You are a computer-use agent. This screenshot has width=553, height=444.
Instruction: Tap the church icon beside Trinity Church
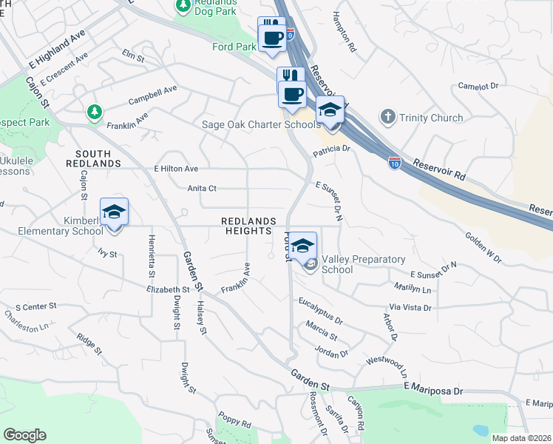click(x=387, y=117)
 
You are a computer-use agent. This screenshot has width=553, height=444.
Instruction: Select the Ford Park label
click(x=234, y=47)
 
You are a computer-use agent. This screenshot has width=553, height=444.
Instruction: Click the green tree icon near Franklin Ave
click(x=94, y=112)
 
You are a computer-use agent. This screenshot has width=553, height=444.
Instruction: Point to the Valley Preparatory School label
click(x=363, y=264)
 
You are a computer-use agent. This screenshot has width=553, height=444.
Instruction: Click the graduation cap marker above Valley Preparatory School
click(x=302, y=246)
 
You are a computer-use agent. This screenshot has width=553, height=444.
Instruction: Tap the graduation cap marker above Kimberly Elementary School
click(x=114, y=212)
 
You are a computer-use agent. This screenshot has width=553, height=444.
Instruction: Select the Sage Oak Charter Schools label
click(x=261, y=124)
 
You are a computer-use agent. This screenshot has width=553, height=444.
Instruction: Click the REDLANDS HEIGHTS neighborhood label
click(x=249, y=226)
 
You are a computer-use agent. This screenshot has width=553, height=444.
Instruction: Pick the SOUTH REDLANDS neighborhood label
click(x=93, y=158)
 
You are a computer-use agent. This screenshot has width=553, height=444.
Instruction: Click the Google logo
click(x=24, y=435)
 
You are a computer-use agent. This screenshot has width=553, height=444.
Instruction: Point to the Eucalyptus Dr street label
click(x=321, y=311)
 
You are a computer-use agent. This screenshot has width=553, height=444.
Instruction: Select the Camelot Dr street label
click(x=478, y=87)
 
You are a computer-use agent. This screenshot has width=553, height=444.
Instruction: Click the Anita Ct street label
click(x=201, y=189)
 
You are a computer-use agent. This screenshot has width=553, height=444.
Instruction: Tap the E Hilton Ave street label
click(x=176, y=169)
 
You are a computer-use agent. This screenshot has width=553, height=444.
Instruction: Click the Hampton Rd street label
click(x=345, y=30)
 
